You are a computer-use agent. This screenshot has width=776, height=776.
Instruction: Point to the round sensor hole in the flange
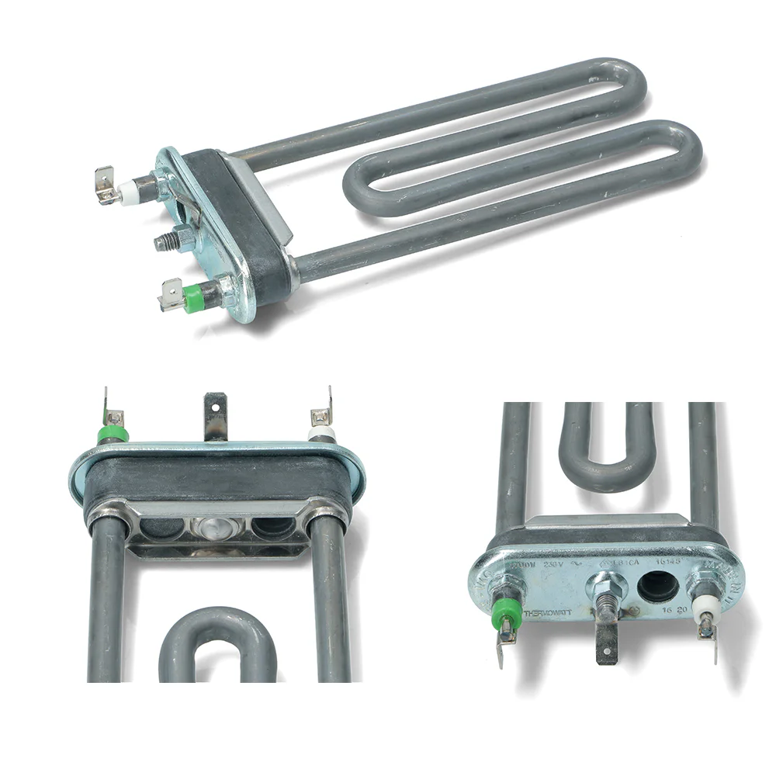[656, 587]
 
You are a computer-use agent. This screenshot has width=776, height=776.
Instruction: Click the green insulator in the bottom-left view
[113, 432]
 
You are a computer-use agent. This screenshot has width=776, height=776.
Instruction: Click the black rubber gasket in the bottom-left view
[217, 476]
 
